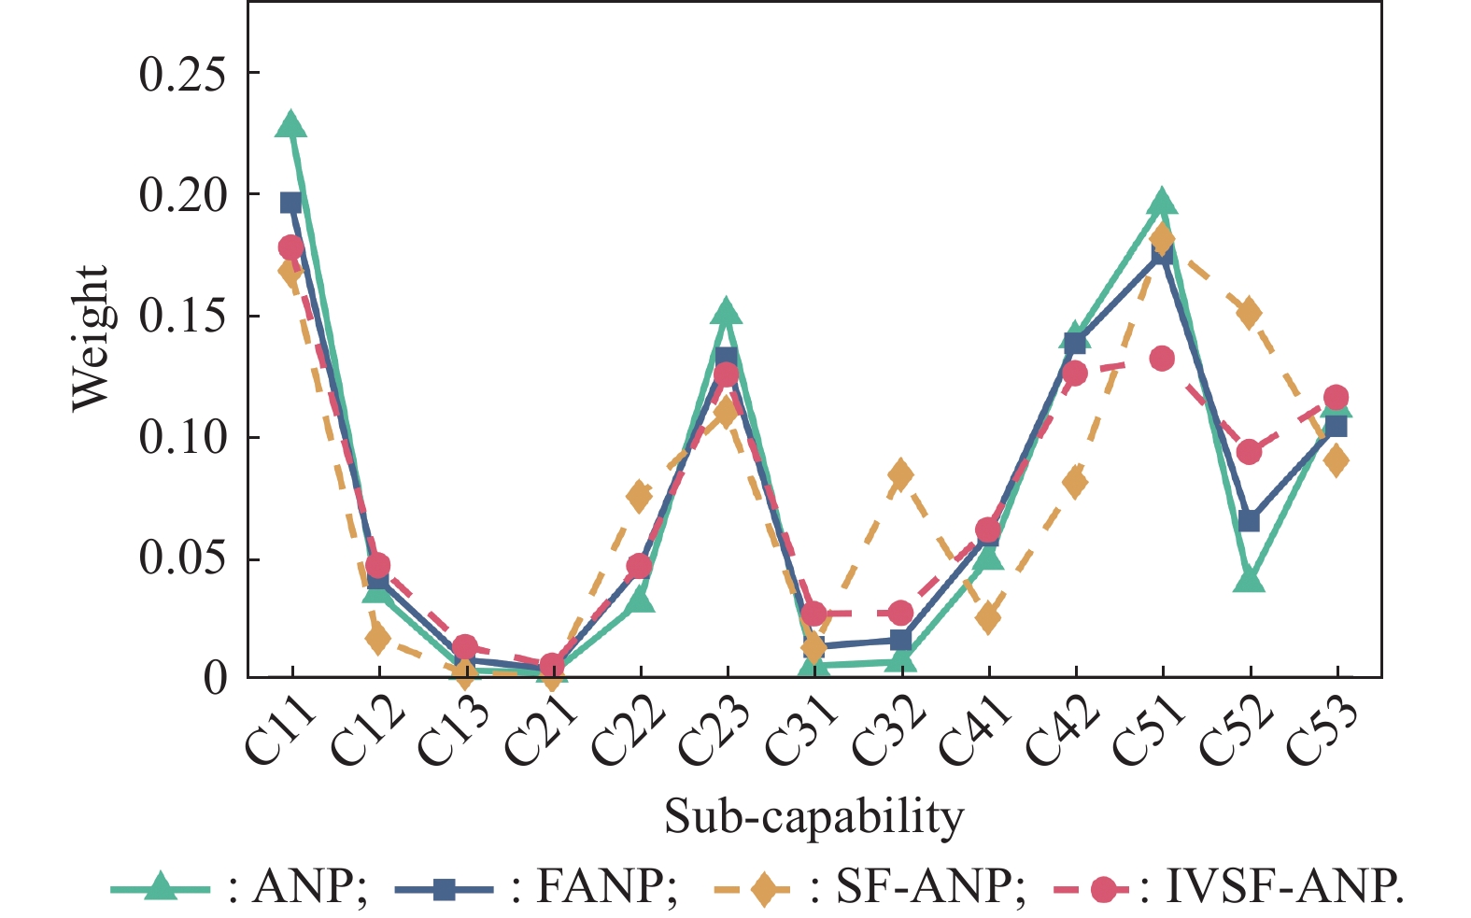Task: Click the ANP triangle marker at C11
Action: coord(291,125)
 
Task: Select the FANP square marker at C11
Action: coord(291,203)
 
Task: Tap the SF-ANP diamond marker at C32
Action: coord(900,474)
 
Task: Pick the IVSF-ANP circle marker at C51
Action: coord(1162,359)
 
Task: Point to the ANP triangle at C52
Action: coord(1249,580)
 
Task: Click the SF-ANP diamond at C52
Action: coord(1249,313)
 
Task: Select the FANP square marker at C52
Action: coord(1249,520)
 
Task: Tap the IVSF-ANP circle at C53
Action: coord(1336,397)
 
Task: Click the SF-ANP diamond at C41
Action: coord(988,617)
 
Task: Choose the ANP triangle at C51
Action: coord(1162,202)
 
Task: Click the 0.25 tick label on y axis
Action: coord(183,74)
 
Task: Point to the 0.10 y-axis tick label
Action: coord(183,437)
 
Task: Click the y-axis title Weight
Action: coord(91,338)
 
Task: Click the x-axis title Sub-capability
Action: coord(813,817)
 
